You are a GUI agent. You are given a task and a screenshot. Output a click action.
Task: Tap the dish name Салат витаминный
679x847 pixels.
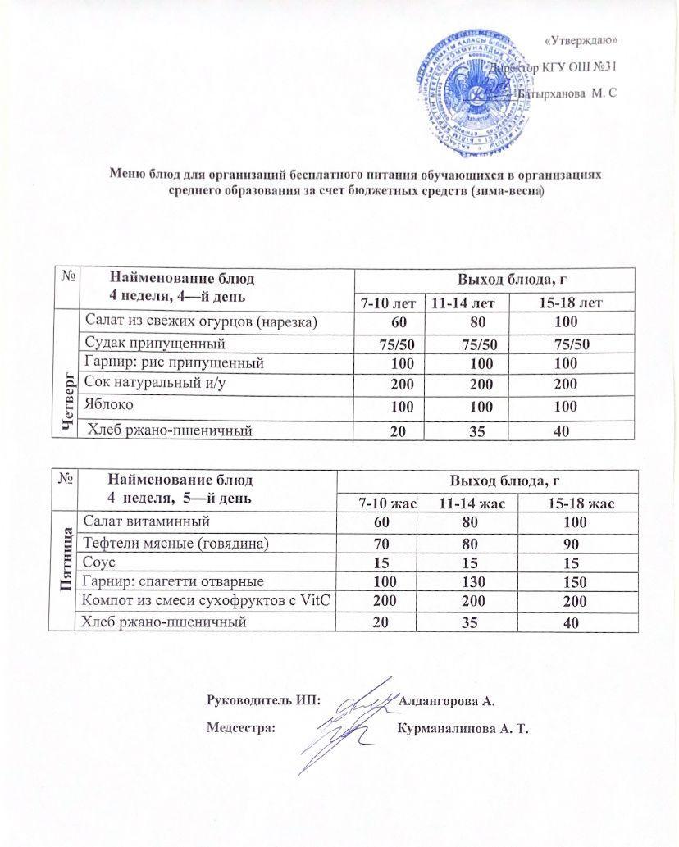tap(144, 521)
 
